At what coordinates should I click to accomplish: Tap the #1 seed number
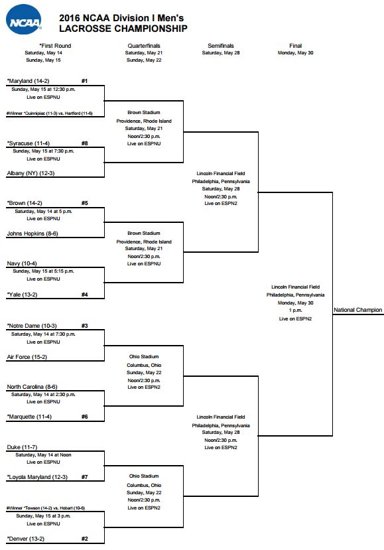pos(94,80)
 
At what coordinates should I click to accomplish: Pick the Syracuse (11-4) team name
pos(29,143)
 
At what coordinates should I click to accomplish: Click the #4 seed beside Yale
pos(94,294)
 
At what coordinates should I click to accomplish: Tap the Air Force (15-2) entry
pos(27,357)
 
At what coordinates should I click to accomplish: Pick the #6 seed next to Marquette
pos(94,417)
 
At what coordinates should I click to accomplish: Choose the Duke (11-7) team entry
pos(23,447)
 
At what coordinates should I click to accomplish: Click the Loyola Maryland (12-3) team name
pos(37,477)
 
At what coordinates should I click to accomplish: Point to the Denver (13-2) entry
pos(27,539)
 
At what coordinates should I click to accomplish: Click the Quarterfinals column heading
pos(144,46)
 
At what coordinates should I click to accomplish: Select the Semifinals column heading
pos(220,46)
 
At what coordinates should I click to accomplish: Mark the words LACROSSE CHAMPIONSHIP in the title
pos(123,29)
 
